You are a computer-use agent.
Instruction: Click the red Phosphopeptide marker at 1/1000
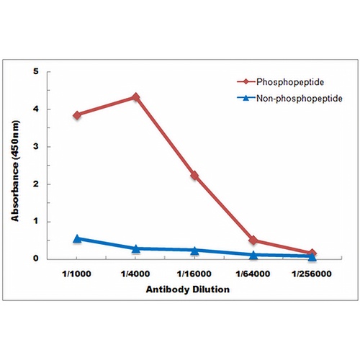click(x=77, y=115)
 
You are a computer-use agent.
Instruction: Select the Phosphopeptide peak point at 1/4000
click(x=135, y=97)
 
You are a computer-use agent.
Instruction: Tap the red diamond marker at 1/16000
click(x=194, y=176)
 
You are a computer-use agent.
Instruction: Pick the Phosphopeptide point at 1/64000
click(x=253, y=240)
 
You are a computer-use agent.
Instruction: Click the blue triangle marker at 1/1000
click(x=77, y=238)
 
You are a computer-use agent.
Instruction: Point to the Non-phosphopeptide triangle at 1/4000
click(x=135, y=249)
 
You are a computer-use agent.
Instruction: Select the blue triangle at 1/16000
click(x=194, y=251)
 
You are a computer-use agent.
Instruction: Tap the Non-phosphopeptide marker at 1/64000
click(x=253, y=255)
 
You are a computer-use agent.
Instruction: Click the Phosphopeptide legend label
click(x=290, y=82)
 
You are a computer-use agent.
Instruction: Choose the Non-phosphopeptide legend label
click(x=300, y=99)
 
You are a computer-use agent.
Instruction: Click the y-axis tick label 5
click(x=36, y=71)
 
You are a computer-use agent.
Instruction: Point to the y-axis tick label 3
click(x=36, y=146)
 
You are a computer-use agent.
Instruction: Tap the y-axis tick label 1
click(x=36, y=221)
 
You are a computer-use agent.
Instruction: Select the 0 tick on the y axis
click(x=36, y=258)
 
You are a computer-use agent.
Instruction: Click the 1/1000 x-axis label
click(x=76, y=274)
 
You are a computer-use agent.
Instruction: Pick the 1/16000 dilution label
click(x=194, y=274)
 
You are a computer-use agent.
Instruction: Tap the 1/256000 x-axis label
click(x=312, y=274)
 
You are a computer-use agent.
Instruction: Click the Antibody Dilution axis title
click(x=188, y=289)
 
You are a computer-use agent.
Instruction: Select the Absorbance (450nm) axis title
click(x=15, y=171)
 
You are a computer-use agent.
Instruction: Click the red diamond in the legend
click(x=246, y=82)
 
